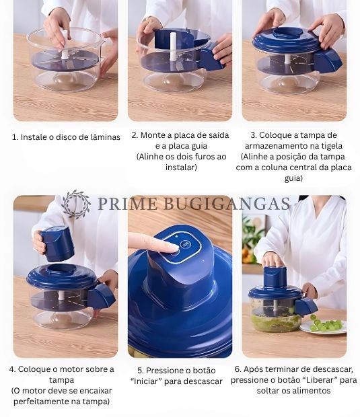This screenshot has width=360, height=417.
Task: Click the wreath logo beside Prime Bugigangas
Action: tap(75, 204)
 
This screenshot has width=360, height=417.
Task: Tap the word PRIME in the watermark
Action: tap(127, 204)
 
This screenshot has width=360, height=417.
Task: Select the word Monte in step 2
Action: tap(149, 135)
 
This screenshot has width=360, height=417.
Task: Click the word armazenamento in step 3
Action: tap(274, 146)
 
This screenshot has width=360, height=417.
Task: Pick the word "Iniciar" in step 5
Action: tap(146, 381)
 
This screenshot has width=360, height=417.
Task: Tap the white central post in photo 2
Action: tap(173, 47)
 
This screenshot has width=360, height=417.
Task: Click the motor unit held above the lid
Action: tap(57, 244)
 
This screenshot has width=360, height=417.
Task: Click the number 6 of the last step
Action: tap(237, 369)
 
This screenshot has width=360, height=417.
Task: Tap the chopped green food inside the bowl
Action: tap(276, 321)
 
